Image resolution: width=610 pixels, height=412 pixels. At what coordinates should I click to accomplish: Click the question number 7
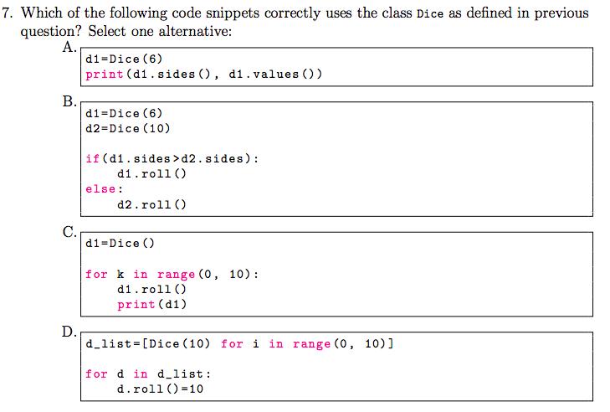coord(8,13)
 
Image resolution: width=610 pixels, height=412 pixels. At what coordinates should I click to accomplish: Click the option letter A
coord(70,46)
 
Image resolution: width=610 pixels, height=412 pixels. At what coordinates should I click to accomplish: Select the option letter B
coord(70,103)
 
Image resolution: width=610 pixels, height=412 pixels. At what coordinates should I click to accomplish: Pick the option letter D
coord(70,331)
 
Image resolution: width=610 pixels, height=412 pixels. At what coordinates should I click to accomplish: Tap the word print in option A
coord(104,74)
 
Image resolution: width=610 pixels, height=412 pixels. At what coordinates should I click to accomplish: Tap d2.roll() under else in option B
coord(151,203)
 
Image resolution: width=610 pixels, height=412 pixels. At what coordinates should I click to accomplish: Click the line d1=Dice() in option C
coord(120,244)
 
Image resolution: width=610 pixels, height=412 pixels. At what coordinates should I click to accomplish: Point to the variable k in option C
coord(121,274)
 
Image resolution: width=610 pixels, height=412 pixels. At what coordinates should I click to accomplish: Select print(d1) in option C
coord(151,304)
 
